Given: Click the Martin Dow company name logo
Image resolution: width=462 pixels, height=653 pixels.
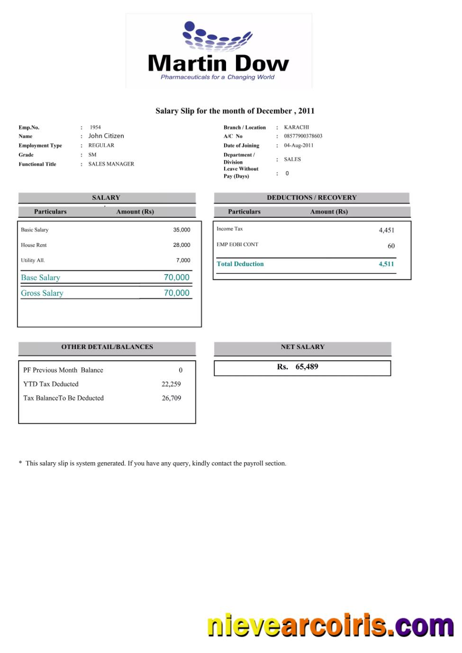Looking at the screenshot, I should [218, 63].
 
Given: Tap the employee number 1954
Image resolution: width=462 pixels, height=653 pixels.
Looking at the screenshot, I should [95, 127].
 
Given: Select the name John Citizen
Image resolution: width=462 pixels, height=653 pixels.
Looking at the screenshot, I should [106, 136].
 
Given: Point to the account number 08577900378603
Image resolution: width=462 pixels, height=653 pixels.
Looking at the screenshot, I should [303, 136].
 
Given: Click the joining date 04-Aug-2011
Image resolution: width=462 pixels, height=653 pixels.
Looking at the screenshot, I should [299, 145].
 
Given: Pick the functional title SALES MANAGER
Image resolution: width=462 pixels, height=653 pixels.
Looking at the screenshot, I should [111, 164].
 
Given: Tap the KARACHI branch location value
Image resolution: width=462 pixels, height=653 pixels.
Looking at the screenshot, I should [297, 127].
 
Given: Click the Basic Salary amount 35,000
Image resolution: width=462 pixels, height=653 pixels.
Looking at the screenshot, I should [181, 230].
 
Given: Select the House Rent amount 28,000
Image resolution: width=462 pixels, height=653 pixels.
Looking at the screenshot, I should [181, 245].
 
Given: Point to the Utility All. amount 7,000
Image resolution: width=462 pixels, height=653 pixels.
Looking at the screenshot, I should [183, 260].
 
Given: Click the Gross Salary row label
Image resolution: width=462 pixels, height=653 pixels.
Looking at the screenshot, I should [42, 293].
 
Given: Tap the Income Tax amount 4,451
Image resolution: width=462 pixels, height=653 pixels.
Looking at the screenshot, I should [386, 230].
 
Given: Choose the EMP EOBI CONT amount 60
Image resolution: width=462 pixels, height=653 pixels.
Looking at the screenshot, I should [391, 246].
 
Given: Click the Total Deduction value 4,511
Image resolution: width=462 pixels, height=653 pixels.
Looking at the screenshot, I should [386, 264].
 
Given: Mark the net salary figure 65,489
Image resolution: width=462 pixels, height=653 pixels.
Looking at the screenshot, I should [307, 367].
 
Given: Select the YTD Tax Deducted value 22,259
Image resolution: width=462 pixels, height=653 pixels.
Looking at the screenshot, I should [171, 384].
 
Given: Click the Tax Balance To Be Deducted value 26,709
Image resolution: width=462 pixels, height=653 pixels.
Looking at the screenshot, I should [172, 398].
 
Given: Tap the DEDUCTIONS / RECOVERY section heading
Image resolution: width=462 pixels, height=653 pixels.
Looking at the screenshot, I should [312, 197].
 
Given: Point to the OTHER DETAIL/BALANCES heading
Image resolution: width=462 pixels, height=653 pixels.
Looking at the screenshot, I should [107, 347].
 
